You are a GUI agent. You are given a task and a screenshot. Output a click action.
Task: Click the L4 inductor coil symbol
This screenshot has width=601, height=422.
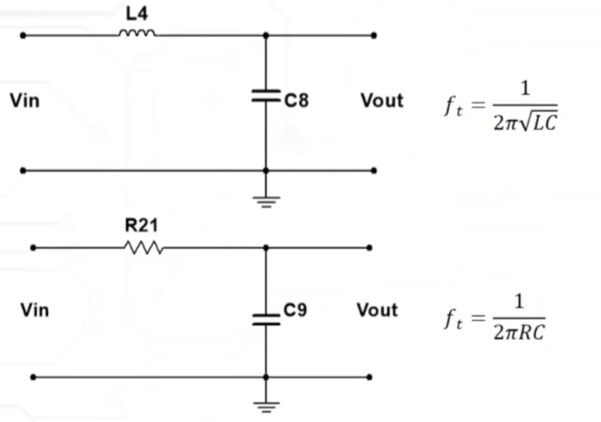[x=137, y=33]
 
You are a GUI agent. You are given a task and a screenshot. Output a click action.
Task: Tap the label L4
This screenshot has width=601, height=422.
[x=137, y=14]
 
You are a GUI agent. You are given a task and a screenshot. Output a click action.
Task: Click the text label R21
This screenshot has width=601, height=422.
[x=141, y=225]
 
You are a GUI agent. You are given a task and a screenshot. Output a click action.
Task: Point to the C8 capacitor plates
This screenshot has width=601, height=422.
[x=266, y=96]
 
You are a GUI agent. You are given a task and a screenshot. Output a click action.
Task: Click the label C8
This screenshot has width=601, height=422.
[x=296, y=100]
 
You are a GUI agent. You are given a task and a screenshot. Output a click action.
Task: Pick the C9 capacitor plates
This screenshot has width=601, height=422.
[x=266, y=319]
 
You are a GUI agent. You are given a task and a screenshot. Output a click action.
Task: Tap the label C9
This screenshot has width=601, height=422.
[x=295, y=309]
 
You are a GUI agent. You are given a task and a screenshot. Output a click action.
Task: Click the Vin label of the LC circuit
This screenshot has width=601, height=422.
[x=25, y=101]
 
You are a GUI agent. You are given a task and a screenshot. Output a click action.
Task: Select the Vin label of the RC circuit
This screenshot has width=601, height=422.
[x=34, y=310]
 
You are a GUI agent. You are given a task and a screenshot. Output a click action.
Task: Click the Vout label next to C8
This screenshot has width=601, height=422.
[x=381, y=101]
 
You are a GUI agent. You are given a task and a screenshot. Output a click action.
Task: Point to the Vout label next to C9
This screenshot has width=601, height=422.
[x=377, y=310]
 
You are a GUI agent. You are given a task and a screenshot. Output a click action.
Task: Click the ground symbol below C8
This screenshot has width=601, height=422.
[x=266, y=202]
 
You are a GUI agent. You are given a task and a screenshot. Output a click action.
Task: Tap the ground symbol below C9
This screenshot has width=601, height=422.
[x=266, y=407]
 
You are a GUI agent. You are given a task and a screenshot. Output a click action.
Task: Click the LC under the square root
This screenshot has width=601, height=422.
[x=545, y=124]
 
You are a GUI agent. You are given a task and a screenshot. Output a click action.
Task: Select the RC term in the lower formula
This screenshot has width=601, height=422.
[x=531, y=333]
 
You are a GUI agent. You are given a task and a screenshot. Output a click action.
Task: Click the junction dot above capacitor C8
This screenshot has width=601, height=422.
[x=266, y=35]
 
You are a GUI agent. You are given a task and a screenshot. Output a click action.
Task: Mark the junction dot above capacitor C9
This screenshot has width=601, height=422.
[x=266, y=248]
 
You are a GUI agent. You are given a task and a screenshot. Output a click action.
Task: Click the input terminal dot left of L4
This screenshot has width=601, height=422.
[x=23, y=36]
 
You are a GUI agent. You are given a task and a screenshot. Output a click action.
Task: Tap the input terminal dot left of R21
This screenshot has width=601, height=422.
[x=34, y=248]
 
